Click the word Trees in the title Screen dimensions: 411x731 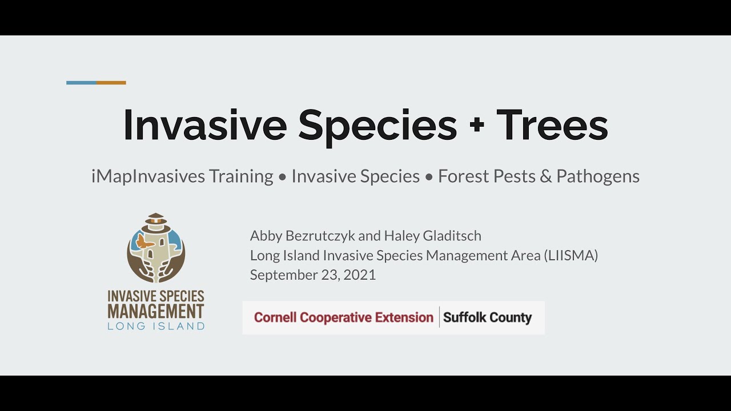pyautogui.click(x=552, y=125)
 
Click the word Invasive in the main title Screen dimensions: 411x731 pyautogui.click(x=204, y=125)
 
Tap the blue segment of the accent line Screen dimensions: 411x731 pyautogui.click(x=81, y=83)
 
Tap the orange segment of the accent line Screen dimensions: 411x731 pyautogui.click(x=111, y=83)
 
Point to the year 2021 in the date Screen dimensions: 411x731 pyautogui.click(x=360, y=275)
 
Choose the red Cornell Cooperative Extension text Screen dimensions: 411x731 pyautogui.click(x=343, y=317)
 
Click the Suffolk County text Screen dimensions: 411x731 pyautogui.click(x=487, y=317)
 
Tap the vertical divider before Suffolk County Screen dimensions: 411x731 pyautogui.click(x=439, y=317)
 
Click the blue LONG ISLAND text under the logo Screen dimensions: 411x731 pyautogui.click(x=156, y=327)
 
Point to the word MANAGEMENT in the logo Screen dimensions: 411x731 pyautogui.click(x=156, y=312)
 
